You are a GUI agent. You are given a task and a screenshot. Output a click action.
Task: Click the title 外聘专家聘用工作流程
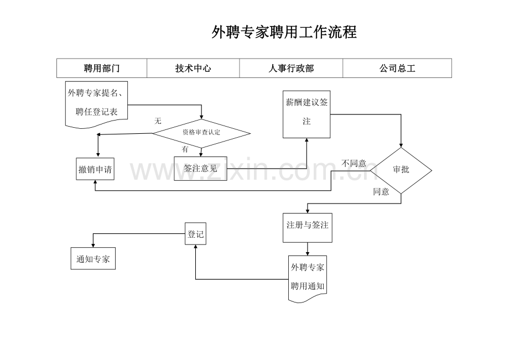click(284, 33)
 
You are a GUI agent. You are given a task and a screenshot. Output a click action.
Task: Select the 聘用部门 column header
click(102, 69)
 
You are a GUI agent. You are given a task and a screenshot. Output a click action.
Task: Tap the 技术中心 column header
click(193, 69)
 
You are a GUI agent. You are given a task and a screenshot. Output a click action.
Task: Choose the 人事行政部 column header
click(291, 69)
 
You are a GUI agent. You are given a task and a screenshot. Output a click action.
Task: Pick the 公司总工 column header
click(397, 69)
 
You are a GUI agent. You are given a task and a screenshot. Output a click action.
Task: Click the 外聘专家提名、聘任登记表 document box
click(97, 103)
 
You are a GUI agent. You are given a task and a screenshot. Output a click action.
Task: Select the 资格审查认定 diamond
click(201, 133)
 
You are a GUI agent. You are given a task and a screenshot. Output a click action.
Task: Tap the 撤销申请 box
click(95, 169)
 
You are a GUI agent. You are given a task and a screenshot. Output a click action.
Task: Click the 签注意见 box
click(200, 169)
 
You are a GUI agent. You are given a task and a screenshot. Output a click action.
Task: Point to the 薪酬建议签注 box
click(307, 114)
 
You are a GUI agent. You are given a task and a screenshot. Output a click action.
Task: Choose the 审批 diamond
click(401, 170)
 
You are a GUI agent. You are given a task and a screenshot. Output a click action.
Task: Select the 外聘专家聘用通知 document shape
click(308, 278)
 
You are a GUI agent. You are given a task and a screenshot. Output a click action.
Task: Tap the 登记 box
click(195, 234)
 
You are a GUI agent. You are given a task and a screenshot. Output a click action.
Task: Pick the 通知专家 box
click(93, 258)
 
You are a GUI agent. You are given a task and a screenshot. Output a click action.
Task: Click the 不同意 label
click(354, 164)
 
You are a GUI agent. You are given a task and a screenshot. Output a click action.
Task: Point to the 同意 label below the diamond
click(381, 192)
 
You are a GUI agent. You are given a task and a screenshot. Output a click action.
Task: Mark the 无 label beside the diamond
click(158, 121)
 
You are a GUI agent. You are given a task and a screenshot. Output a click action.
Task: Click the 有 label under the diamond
click(185, 149)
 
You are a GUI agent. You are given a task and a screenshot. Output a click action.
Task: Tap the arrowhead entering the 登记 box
click(195, 248)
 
